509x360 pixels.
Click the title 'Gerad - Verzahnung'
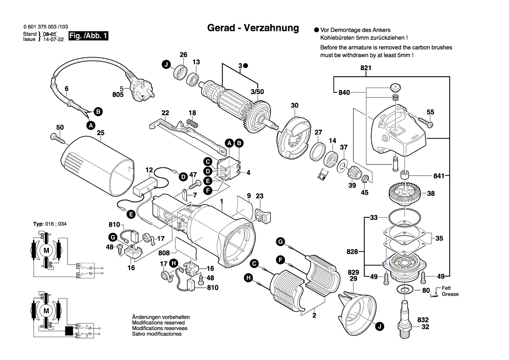(253, 28)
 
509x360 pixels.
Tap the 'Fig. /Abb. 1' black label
(89, 36)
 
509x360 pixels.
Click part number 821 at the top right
(366, 68)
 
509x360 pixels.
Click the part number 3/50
(257, 92)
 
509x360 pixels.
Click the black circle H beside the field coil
(248, 278)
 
